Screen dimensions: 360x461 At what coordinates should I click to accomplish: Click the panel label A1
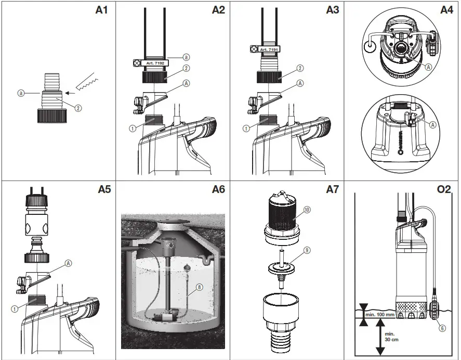coord(101,10)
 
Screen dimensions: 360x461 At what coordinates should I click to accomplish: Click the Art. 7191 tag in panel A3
coord(269,49)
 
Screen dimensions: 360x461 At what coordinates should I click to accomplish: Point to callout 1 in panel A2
coord(133,128)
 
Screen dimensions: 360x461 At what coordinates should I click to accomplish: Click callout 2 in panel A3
coord(300,68)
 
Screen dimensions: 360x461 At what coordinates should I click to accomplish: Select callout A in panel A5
coord(68,263)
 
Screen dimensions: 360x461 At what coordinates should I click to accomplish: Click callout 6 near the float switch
coord(441,328)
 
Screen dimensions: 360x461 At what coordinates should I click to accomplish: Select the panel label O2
coord(444,189)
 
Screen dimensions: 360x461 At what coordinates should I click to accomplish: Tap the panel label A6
coord(218,189)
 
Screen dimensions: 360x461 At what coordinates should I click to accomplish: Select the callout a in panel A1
coord(21,93)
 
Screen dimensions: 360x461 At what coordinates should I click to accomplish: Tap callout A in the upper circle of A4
coord(428,67)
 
